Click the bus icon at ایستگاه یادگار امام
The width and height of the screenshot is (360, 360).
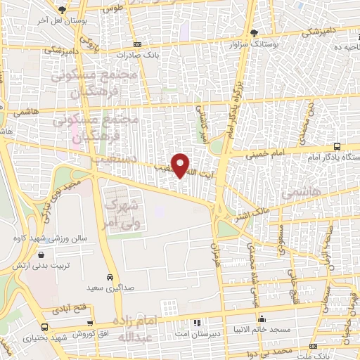coord(338,146)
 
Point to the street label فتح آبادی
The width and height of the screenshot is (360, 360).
coord(67,309)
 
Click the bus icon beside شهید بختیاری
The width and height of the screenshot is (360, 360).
coord(46,327)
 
